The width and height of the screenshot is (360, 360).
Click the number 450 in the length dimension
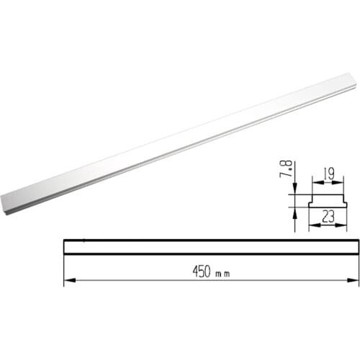click(x=202, y=271)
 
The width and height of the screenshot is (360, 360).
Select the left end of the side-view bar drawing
click(x=65, y=246)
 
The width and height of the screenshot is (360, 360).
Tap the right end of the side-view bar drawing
click(x=355, y=246)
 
